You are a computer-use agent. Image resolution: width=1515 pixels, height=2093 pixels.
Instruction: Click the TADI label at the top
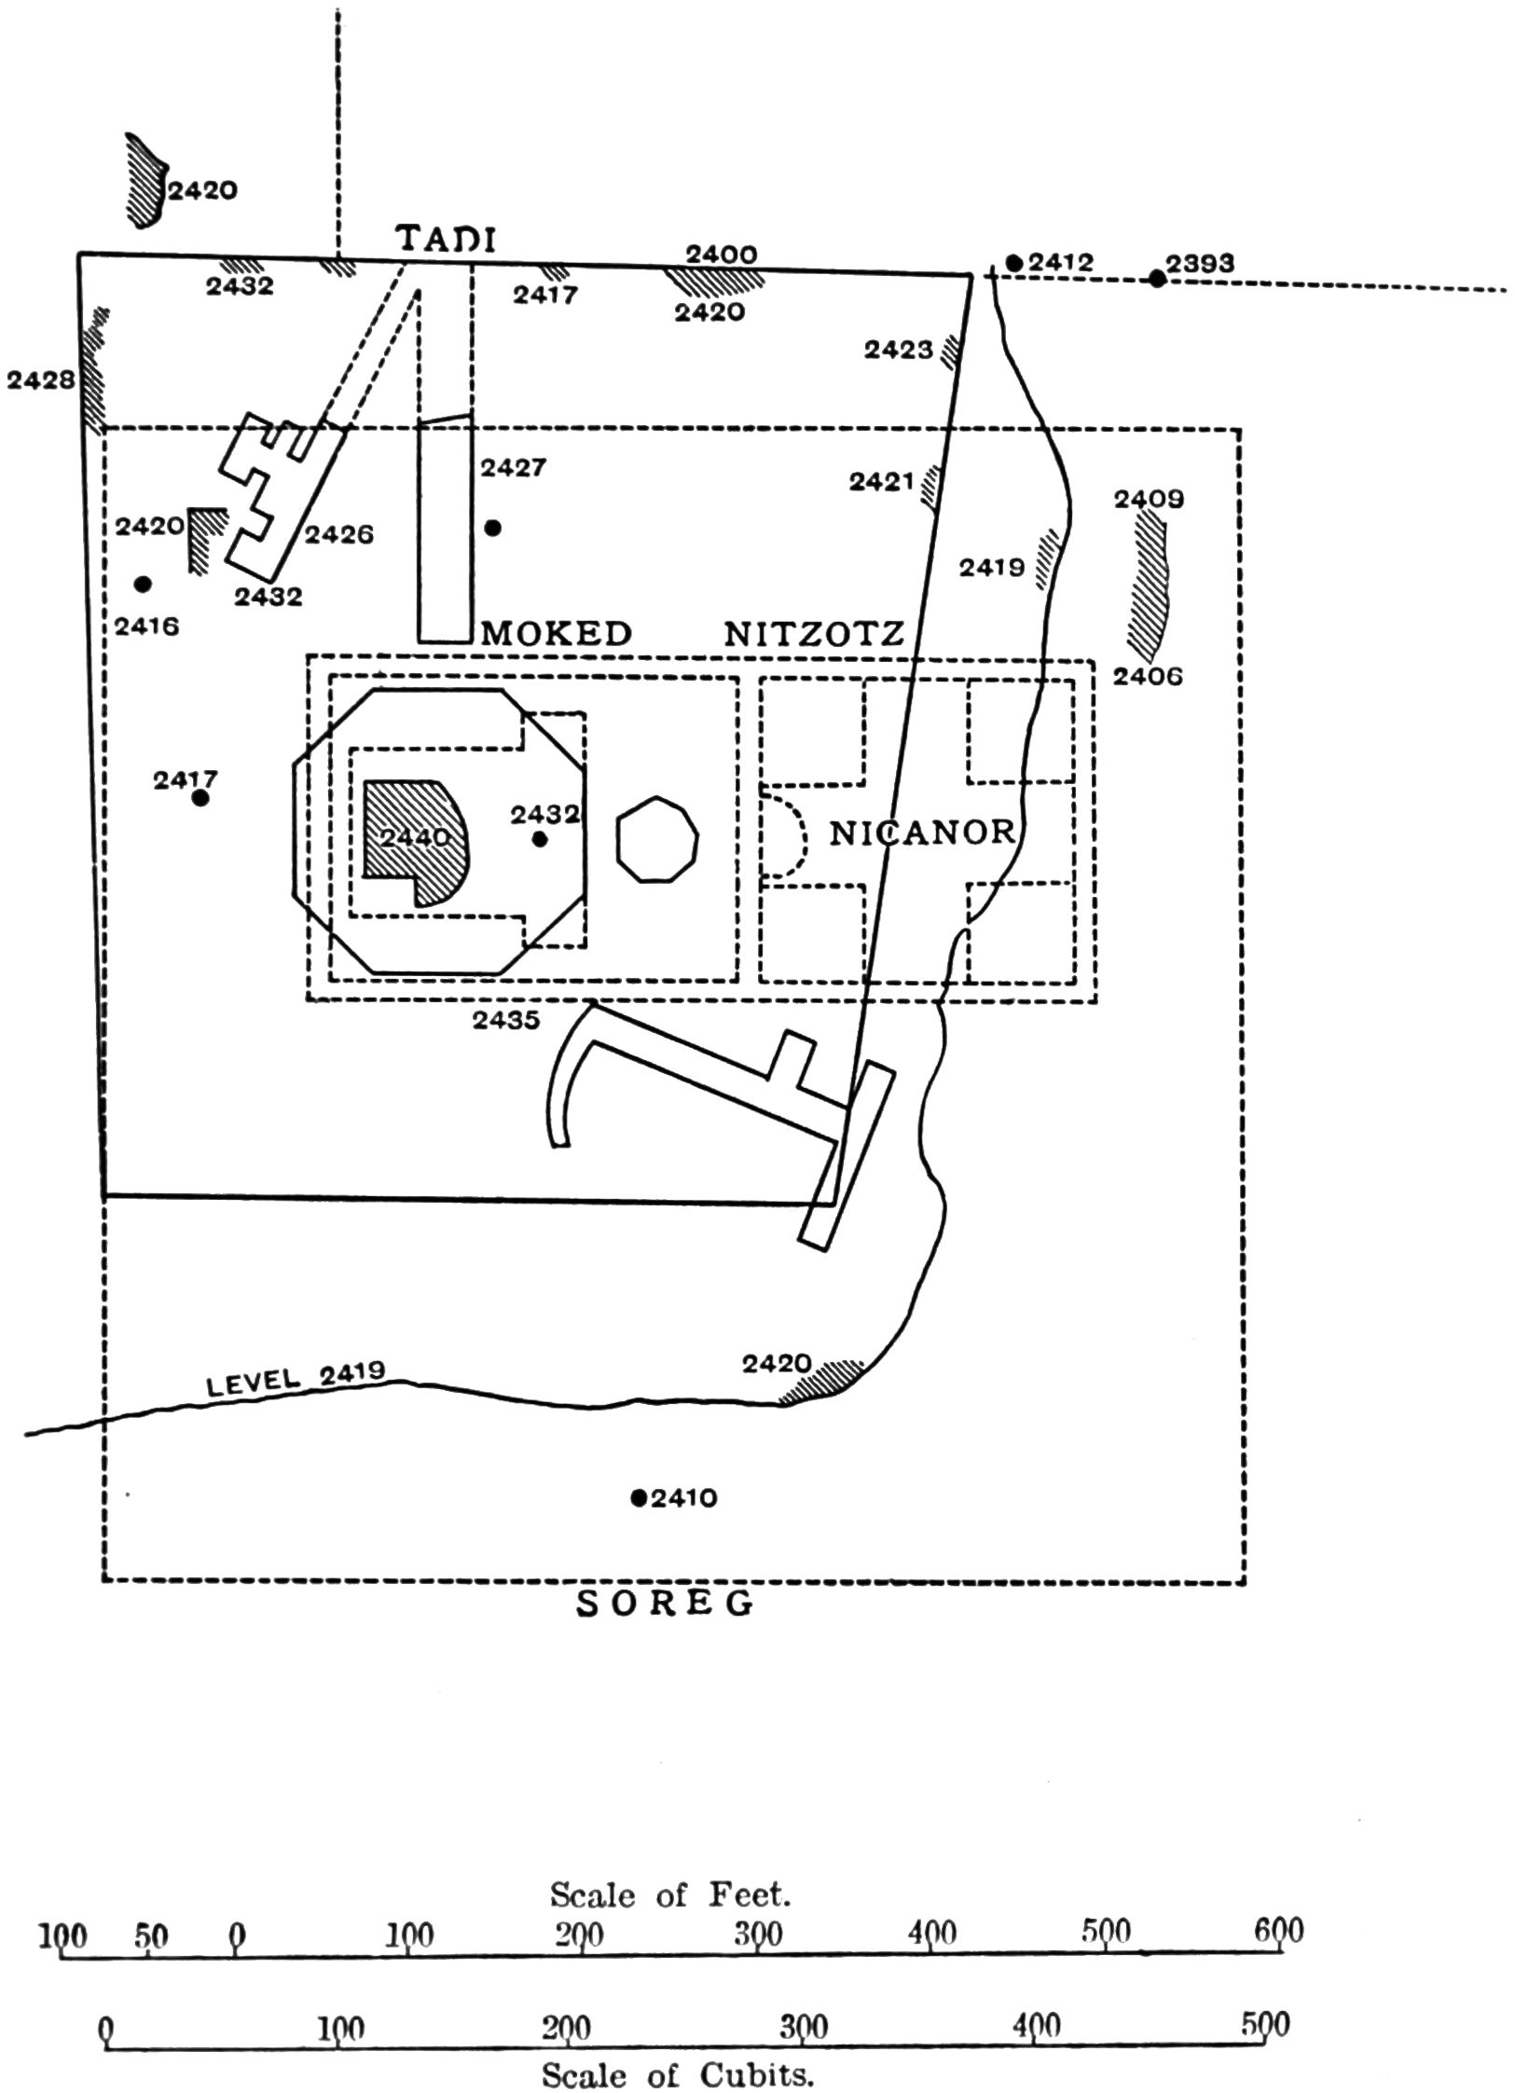(447, 239)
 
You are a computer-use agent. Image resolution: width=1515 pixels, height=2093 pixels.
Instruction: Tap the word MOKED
(557, 633)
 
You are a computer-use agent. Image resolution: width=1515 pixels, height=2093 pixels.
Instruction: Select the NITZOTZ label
(815, 634)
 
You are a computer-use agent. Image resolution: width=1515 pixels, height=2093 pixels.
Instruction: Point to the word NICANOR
(921, 832)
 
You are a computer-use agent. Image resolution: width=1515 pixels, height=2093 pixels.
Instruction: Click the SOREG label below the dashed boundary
(666, 1604)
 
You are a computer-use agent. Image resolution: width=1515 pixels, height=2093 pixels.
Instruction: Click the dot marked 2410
(639, 1497)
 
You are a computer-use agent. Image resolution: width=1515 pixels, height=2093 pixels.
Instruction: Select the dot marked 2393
(1157, 278)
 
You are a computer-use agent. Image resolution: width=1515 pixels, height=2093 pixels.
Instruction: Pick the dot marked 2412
(1014, 263)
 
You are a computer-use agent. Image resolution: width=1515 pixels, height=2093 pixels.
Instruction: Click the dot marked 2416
(143, 585)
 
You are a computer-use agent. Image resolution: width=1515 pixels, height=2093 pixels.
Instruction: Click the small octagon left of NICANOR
(657, 839)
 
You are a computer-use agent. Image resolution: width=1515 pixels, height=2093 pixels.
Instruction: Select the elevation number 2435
(506, 1020)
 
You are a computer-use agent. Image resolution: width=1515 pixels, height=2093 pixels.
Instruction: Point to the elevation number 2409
(1149, 500)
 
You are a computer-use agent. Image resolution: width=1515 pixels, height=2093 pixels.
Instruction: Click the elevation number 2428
(41, 380)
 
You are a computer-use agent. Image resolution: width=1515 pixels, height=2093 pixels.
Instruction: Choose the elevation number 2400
(721, 254)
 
